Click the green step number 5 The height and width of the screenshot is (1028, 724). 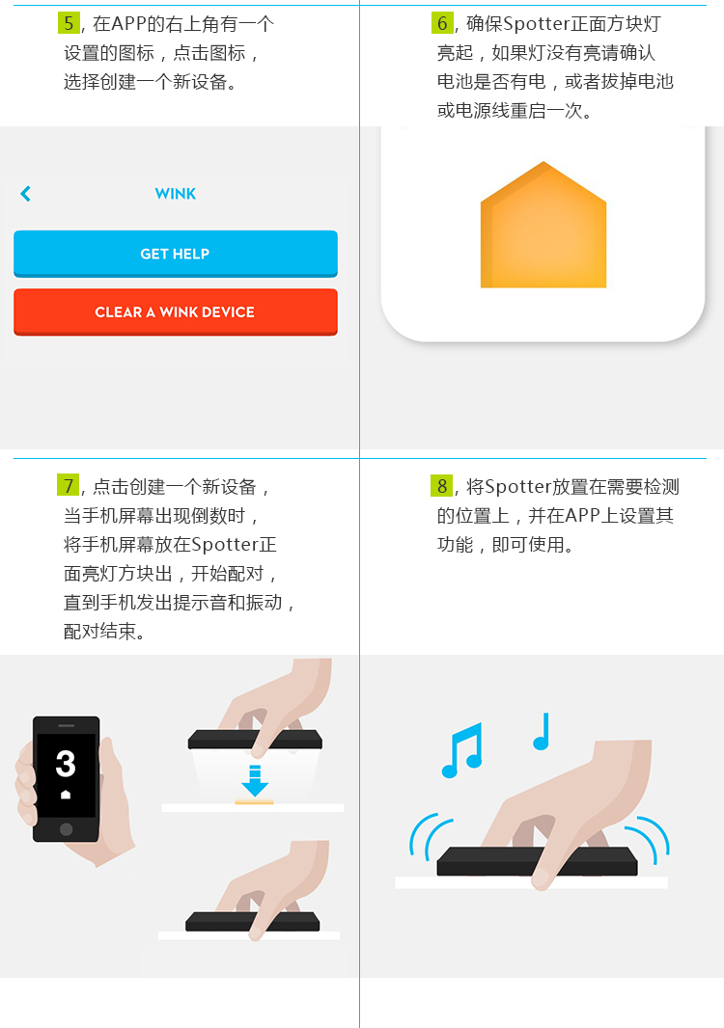[x=69, y=23]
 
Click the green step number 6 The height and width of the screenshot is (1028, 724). [x=442, y=23]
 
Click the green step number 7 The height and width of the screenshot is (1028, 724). [x=69, y=486]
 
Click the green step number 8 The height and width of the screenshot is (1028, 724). [x=442, y=486]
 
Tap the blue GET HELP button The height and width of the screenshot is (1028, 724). [x=176, y=254]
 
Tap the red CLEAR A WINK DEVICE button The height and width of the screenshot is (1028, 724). [x=176, y=312]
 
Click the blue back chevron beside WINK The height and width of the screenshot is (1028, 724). [x=26, y=194]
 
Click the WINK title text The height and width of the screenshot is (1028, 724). [x=176, y=194]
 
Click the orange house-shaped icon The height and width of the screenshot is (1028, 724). [x=543, y=225]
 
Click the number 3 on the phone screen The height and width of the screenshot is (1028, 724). [x=66, y=763]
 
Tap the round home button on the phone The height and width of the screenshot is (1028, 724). [x=66, y=828]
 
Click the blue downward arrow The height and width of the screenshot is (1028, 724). [x=255, y=781]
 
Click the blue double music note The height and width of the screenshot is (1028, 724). [x=462, y=750]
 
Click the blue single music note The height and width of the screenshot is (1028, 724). [x=542, y=732]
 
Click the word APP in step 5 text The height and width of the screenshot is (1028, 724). [x=128, y=23]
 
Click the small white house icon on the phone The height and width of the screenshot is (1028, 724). [x=66, y=795]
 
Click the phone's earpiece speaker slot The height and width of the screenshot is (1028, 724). [x=67, y=726]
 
